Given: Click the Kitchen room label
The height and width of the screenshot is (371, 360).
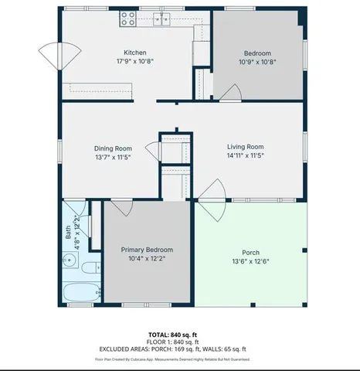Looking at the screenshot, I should pos(124,53).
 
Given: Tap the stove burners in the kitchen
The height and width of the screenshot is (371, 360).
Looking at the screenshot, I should pos(127,19).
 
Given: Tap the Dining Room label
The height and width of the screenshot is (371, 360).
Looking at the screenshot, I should pos(113,148).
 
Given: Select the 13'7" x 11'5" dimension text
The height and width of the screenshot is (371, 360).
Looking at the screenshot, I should pos(113,157).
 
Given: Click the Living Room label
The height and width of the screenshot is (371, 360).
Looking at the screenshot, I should pos(245,146).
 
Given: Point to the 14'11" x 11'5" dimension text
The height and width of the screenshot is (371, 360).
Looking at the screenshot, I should pos(245,155).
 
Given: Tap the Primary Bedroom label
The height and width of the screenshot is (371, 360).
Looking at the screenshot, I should pos(146,250).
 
